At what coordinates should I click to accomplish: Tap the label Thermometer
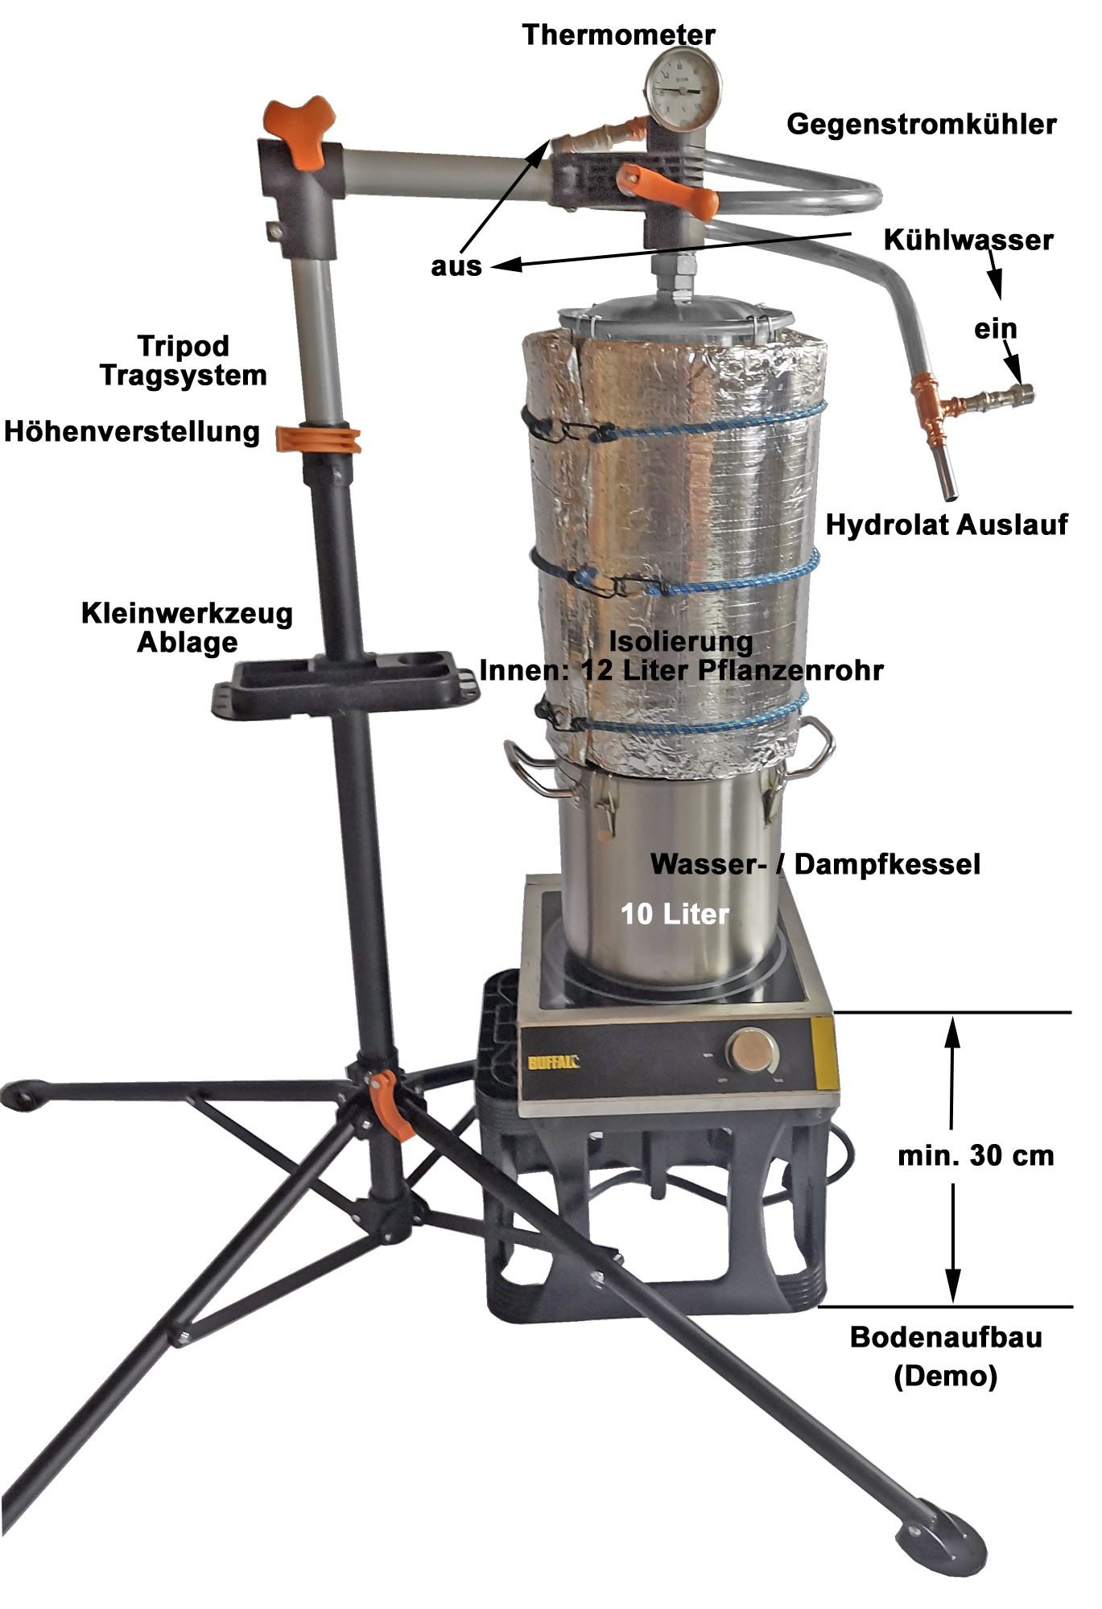coord(618,35)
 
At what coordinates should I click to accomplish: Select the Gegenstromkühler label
coord(922,124)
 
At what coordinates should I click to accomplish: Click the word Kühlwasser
coord(968,240)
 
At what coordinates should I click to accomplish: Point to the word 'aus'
coord(456,266)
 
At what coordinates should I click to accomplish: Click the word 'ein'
coord(996,328)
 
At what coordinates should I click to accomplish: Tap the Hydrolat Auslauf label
coord(947,525)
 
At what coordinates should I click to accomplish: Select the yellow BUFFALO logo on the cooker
coord(554,1062)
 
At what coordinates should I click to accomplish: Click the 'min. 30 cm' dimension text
coord(976,1156)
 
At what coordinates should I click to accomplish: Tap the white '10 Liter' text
coord(675,914)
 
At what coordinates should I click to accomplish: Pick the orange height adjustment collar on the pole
coord(318,438)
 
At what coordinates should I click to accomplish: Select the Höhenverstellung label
coord(132,432)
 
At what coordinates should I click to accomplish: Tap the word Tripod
coord(184,347)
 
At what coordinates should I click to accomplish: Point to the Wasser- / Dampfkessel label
coord(815,864)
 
